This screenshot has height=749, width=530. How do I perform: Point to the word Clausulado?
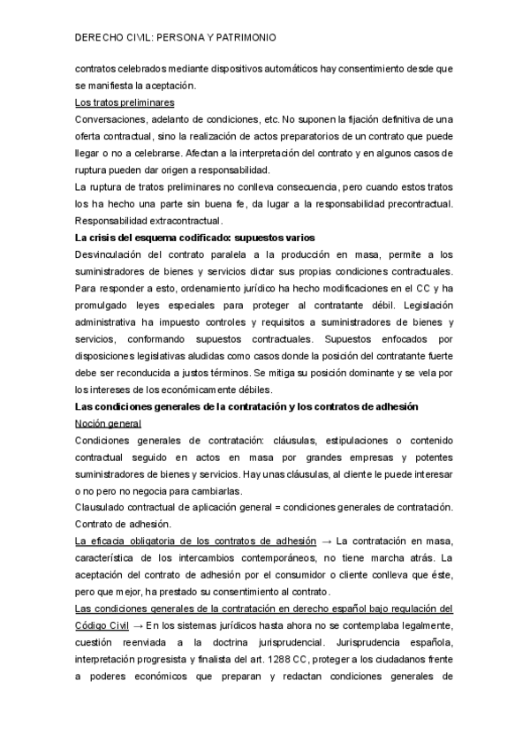(x=102, y=508)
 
